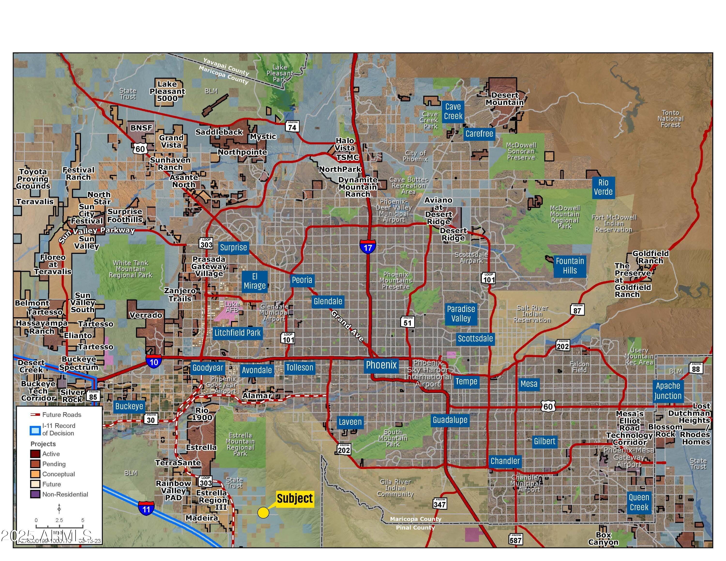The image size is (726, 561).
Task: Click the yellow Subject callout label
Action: click(x=295, y=499)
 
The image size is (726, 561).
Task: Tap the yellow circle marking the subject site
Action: click(x=263, y=513)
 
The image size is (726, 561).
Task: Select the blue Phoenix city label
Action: click(x=381, y=365)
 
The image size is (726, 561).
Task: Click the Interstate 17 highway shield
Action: click(x=368, y=247)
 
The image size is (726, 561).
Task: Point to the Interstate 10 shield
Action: click(x=154, y=361)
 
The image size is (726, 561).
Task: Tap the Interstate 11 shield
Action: click(x=146, y=508)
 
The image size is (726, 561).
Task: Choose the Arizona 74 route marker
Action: click(x=292, y=126)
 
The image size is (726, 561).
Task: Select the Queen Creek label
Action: click(x=639, y=502)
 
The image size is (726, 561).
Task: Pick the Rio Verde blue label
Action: click(x=603, y=187)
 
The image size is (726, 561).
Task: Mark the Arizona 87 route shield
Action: click(x=577, y=310)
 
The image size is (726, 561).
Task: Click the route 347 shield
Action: click(x=440, y=503)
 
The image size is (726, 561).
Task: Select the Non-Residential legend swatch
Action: click(x=35, y=494)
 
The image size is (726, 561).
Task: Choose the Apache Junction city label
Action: click(x=668, y=391)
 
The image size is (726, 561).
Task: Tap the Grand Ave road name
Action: click(x=348, y=326)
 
